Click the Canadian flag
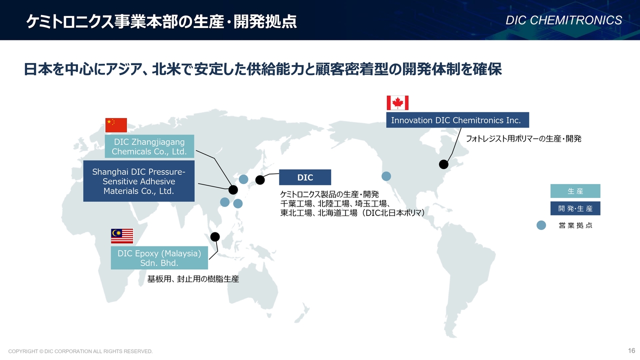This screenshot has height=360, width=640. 397,103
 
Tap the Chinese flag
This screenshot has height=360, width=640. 116,125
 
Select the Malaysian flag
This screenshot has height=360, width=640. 122,236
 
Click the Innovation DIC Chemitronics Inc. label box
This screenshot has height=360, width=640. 457,120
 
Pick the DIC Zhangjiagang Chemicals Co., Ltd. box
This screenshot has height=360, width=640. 149,146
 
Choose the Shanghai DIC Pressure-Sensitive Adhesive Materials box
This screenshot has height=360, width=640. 139,181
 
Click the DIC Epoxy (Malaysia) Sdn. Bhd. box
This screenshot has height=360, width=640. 159,257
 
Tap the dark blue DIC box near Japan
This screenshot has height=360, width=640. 305,177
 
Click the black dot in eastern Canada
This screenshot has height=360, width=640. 443,164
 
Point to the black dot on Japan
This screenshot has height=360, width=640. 259,180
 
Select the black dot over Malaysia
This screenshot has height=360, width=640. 215,237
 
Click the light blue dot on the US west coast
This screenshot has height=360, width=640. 386,176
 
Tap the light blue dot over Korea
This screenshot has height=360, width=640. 243,179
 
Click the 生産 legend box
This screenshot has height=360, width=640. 575,191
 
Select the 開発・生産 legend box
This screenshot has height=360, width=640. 575,208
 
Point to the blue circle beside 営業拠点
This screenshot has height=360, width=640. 541,225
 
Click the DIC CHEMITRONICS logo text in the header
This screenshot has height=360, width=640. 563,20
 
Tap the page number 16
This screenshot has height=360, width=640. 631,350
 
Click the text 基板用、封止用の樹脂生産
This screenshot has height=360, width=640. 193,279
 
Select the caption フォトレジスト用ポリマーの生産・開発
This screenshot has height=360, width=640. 523,139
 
